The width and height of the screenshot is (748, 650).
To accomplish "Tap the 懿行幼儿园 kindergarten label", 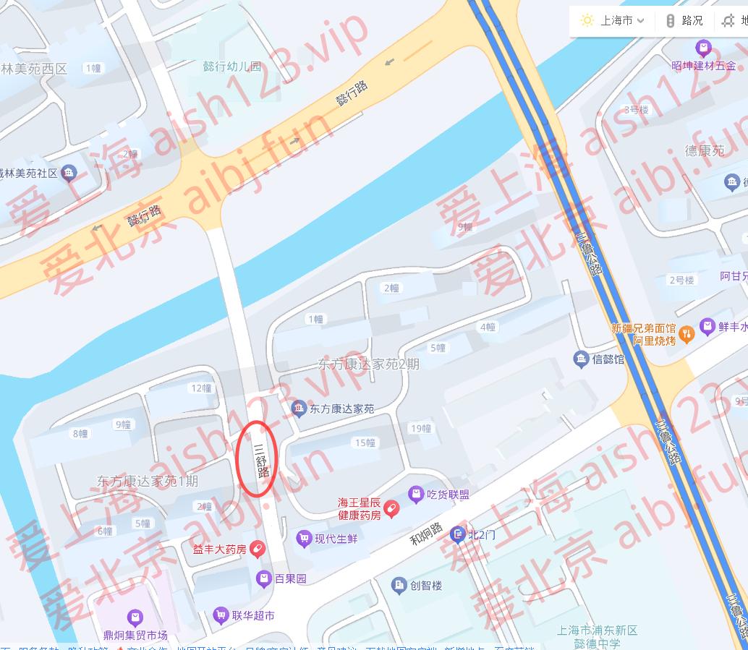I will click(231, 67).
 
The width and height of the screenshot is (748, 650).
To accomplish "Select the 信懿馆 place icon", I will click(580, 359).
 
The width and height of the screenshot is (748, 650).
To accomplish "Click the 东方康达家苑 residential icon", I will click(298, 409).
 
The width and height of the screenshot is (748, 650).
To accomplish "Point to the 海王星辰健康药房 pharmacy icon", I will click(391, 509).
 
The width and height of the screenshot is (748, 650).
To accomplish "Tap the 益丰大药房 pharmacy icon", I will click(256, 549).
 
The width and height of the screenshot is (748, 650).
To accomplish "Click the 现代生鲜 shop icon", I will click(304, 538).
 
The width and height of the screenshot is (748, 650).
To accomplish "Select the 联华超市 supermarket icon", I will click(221, 616).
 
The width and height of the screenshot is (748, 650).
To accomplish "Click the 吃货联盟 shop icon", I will click(416, 495).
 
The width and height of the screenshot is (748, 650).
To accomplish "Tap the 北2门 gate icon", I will click(457, 535).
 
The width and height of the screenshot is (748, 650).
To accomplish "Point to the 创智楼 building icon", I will click(399, 585).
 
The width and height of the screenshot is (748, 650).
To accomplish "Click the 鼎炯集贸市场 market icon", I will click(135, 618).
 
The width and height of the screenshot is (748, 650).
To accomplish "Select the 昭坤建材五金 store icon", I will click(702, 49).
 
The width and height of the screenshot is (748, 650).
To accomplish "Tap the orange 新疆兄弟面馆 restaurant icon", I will click(687, 333).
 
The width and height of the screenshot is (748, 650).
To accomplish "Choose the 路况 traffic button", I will click(684, 20).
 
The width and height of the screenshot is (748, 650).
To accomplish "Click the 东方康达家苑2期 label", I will click(369, 364).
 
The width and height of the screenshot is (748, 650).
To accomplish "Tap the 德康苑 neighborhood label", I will click(705, 150).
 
